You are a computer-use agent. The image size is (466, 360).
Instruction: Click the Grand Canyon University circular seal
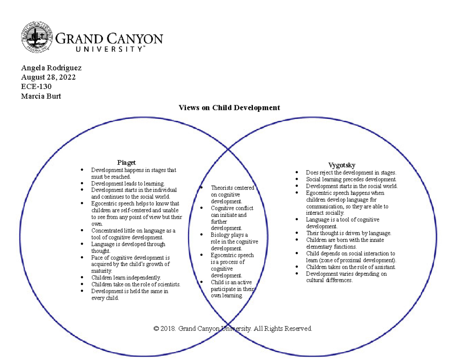[37, 38]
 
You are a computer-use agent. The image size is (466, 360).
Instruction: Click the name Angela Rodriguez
[51, 68]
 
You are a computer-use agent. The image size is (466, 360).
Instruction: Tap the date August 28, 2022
[48, 77]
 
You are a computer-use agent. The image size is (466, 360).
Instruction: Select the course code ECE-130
[36, 87]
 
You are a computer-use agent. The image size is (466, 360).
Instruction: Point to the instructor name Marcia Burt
[41, 96]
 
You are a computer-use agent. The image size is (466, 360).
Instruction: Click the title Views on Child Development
[229, 108]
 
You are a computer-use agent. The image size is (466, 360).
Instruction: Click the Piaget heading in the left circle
[127, 162]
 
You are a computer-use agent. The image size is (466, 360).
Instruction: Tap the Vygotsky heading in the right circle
[342, 165]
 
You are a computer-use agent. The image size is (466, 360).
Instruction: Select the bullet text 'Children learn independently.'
[126, 278]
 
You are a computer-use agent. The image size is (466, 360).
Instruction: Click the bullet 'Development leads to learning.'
[128, 183]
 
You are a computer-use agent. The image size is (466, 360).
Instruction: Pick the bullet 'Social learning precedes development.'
[351, 179]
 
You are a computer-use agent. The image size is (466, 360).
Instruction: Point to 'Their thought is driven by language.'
[348, 233]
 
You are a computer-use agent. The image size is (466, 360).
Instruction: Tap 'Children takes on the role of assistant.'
[351, 267]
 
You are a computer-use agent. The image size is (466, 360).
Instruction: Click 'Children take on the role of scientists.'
[136, 284]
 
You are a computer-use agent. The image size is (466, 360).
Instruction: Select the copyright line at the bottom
[233, 329]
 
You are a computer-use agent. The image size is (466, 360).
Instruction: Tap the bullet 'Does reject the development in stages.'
[351, 172]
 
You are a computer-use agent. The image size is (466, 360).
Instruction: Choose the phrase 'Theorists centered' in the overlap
[232, 188]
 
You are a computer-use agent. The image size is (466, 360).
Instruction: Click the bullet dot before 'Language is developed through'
[82, 244]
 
